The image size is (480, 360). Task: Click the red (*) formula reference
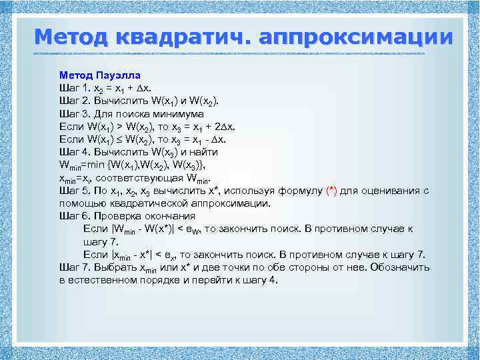point(332,191)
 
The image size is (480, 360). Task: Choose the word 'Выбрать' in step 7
point(114,267)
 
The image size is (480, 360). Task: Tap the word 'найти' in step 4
point(203,152)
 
